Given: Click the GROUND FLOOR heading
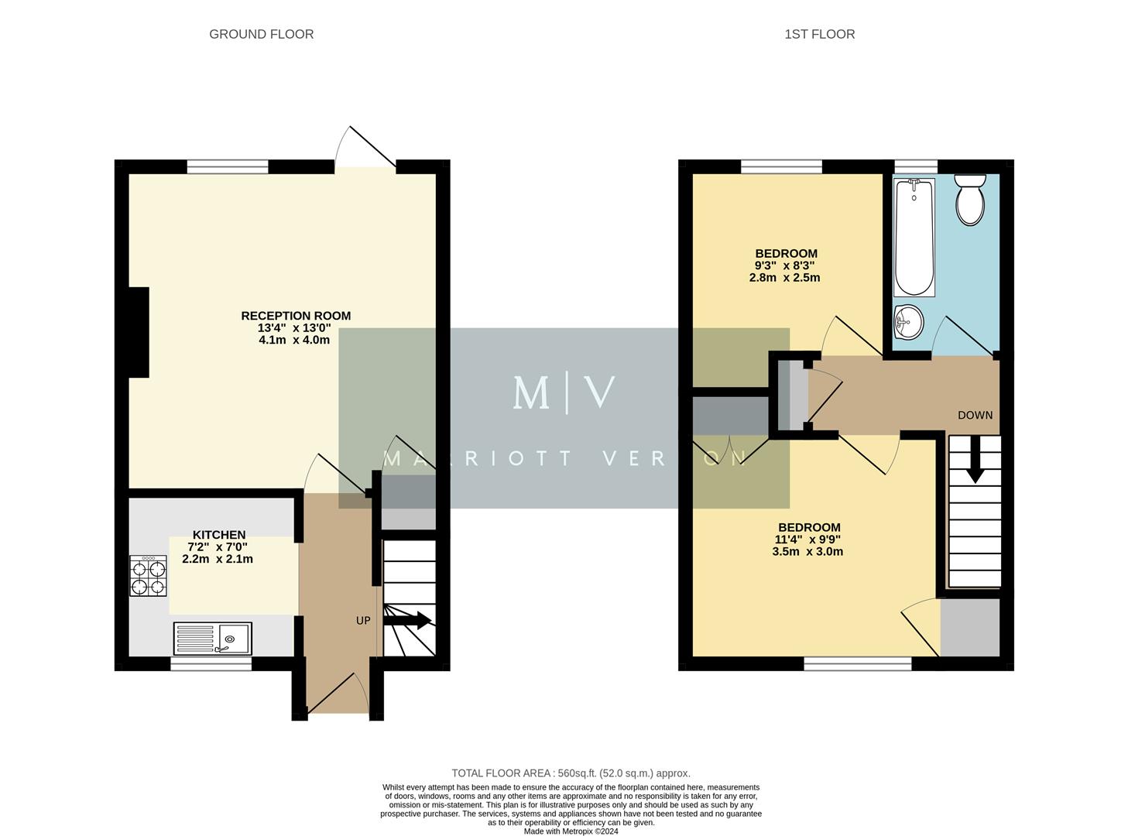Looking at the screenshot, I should point(261,34).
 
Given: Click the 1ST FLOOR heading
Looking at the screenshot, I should point(819,34).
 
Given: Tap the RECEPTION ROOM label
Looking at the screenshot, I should point(296,316).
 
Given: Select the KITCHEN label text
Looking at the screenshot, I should point(219,535).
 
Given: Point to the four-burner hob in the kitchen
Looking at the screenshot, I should point(148,577).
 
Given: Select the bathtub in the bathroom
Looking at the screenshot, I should point(914,237).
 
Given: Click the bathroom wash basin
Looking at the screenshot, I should point(907,321).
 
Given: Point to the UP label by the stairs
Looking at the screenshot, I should point(363,621).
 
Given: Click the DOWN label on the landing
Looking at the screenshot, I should point(975,415).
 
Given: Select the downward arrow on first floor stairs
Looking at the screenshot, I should point(975,460).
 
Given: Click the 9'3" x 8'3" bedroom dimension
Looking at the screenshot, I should point(785,266).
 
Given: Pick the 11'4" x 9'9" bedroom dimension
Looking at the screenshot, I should point(807,540).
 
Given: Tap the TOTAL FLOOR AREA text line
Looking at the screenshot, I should point(571,773).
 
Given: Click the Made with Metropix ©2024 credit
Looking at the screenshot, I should point(571,831).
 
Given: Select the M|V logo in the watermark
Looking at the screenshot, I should point(564,392).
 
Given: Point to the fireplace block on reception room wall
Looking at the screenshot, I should point(139,332).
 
